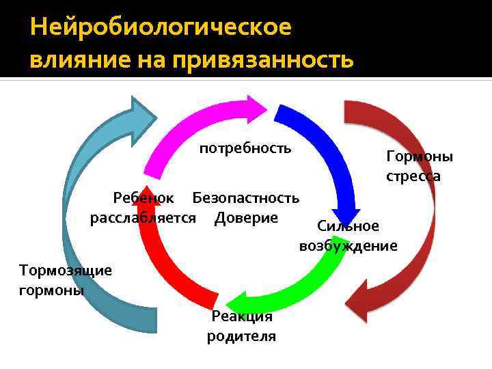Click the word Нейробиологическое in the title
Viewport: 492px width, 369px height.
161,28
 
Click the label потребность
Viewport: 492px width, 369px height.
245,148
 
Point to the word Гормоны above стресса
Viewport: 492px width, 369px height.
420,156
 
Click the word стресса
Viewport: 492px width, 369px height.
413,176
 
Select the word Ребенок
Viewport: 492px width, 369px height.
143,198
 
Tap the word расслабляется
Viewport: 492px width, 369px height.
143,218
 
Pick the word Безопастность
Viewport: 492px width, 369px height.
246,198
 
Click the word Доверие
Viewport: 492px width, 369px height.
246,218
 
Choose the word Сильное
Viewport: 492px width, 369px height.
348,226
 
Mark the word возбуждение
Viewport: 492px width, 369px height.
348,245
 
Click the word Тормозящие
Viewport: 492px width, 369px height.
66,270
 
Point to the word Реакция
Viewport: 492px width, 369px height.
242,316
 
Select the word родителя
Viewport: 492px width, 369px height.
242,336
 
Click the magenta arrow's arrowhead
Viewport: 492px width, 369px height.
256,109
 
